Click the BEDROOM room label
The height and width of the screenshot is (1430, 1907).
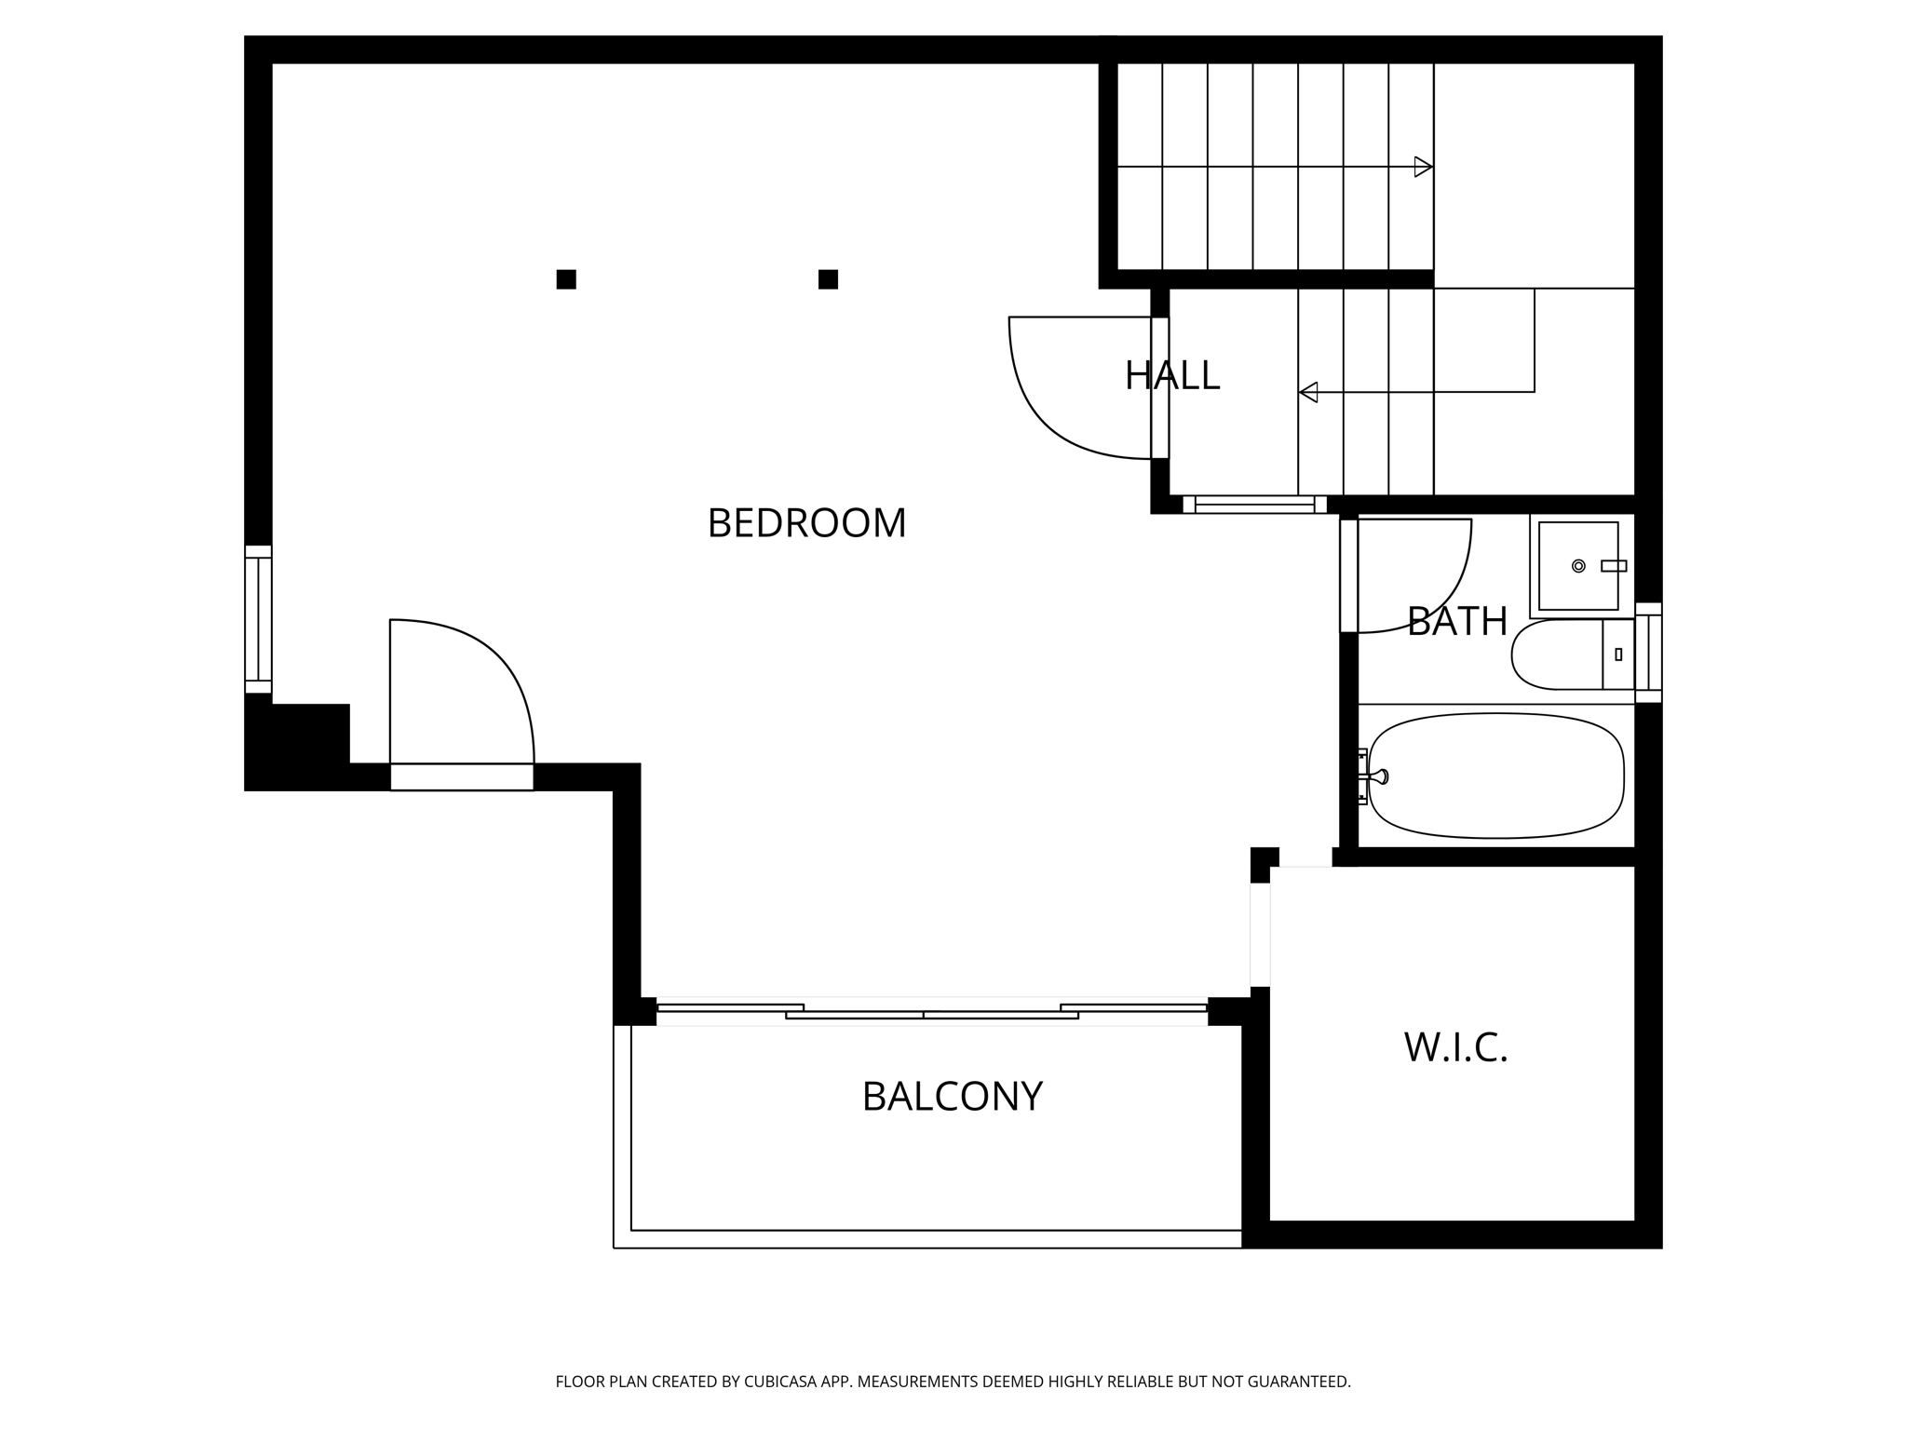tap(806, 523)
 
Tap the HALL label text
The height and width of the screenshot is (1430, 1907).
tap(1171, 376)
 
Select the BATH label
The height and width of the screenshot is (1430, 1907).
tap(1456, 622)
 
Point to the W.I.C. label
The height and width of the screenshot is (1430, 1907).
tap(1455, 1048)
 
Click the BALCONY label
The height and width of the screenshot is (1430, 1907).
tap(952, 1097)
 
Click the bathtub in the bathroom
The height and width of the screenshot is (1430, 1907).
tap(1495, 776)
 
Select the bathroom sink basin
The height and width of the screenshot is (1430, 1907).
tap(1577, 566)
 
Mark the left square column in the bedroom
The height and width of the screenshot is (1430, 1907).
tap(566, 279)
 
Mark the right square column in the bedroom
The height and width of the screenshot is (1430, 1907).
tap(828, 279)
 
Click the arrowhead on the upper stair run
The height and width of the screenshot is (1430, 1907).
tap(1423, 168)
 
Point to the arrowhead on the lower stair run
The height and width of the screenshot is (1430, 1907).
tap(1308, 392)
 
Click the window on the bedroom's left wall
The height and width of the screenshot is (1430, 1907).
tap(258, 619)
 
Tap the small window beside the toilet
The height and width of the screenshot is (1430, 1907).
tap(1648, 653)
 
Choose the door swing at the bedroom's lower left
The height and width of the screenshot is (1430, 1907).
tap(475, 680)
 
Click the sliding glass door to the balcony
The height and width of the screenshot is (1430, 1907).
tap(931, 1013)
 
